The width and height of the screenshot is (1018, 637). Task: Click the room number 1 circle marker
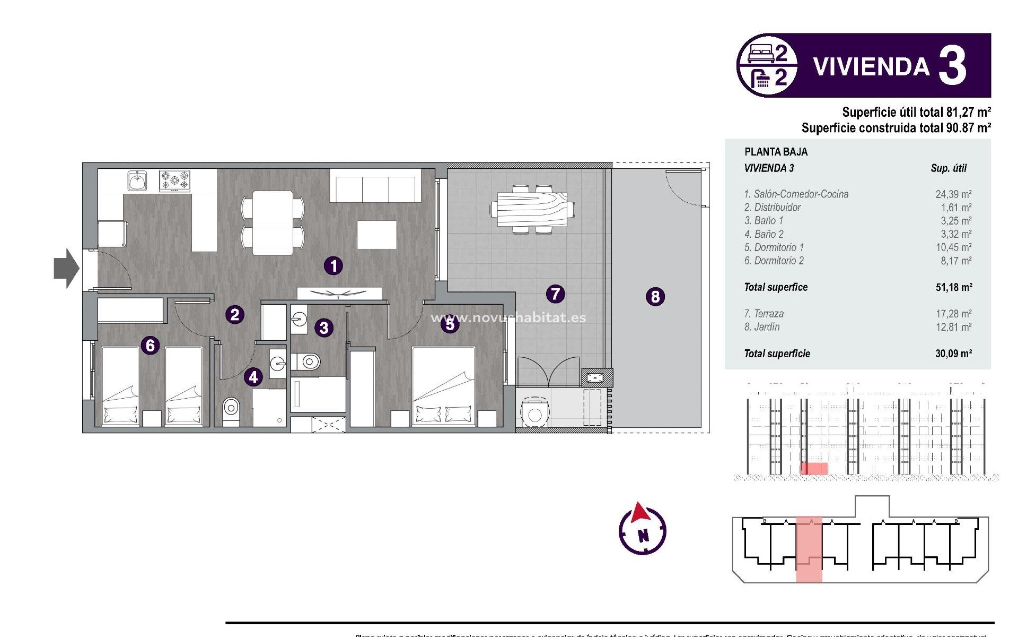pos(334,265)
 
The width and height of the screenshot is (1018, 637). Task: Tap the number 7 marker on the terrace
pos(555,294)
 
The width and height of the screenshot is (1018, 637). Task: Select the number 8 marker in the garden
pos(655,296)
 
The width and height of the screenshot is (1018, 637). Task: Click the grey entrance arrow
pos(66,268)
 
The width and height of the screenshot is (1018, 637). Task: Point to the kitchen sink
pos(137,180)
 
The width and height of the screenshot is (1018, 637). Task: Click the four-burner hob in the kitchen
pos(174,180)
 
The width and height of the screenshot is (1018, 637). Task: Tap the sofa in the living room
pos(375,186)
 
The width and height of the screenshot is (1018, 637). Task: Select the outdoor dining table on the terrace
pos(532,209)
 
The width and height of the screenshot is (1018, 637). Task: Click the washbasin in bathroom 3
pos(299,320)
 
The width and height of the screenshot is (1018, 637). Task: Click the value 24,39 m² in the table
pos(953,194)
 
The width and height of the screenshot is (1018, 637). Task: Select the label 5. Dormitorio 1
pos(774,247)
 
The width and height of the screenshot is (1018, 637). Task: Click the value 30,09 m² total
pos(953,354)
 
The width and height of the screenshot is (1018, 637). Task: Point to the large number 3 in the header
pos(952,66)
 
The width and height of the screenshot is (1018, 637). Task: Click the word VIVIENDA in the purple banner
pos(871,67)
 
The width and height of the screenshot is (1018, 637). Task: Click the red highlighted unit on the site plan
pos(809,549)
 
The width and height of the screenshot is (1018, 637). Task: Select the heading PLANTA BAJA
pos(776,152)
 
